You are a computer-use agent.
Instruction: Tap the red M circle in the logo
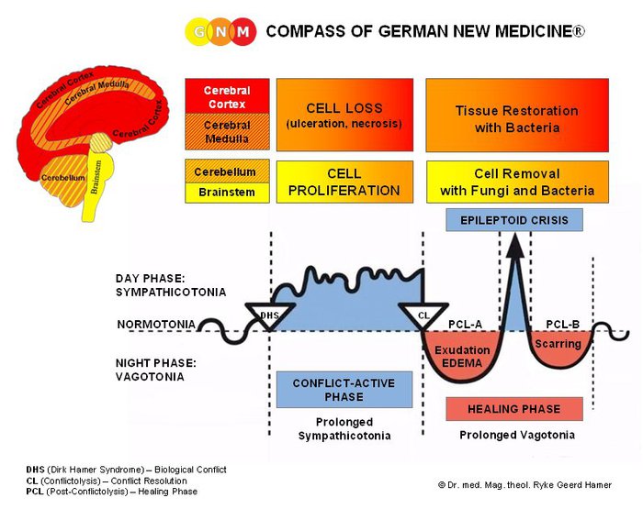242,32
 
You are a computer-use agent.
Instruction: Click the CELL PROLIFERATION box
344,182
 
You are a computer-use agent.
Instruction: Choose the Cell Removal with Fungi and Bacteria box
517,182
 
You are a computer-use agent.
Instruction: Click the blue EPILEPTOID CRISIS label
514,220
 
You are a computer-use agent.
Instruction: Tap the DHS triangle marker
269,316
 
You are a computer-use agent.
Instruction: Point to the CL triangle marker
423,316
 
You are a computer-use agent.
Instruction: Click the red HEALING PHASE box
513,409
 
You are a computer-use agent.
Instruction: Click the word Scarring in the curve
558,344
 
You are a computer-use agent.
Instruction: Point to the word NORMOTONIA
155,325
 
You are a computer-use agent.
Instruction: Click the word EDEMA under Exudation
462,364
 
